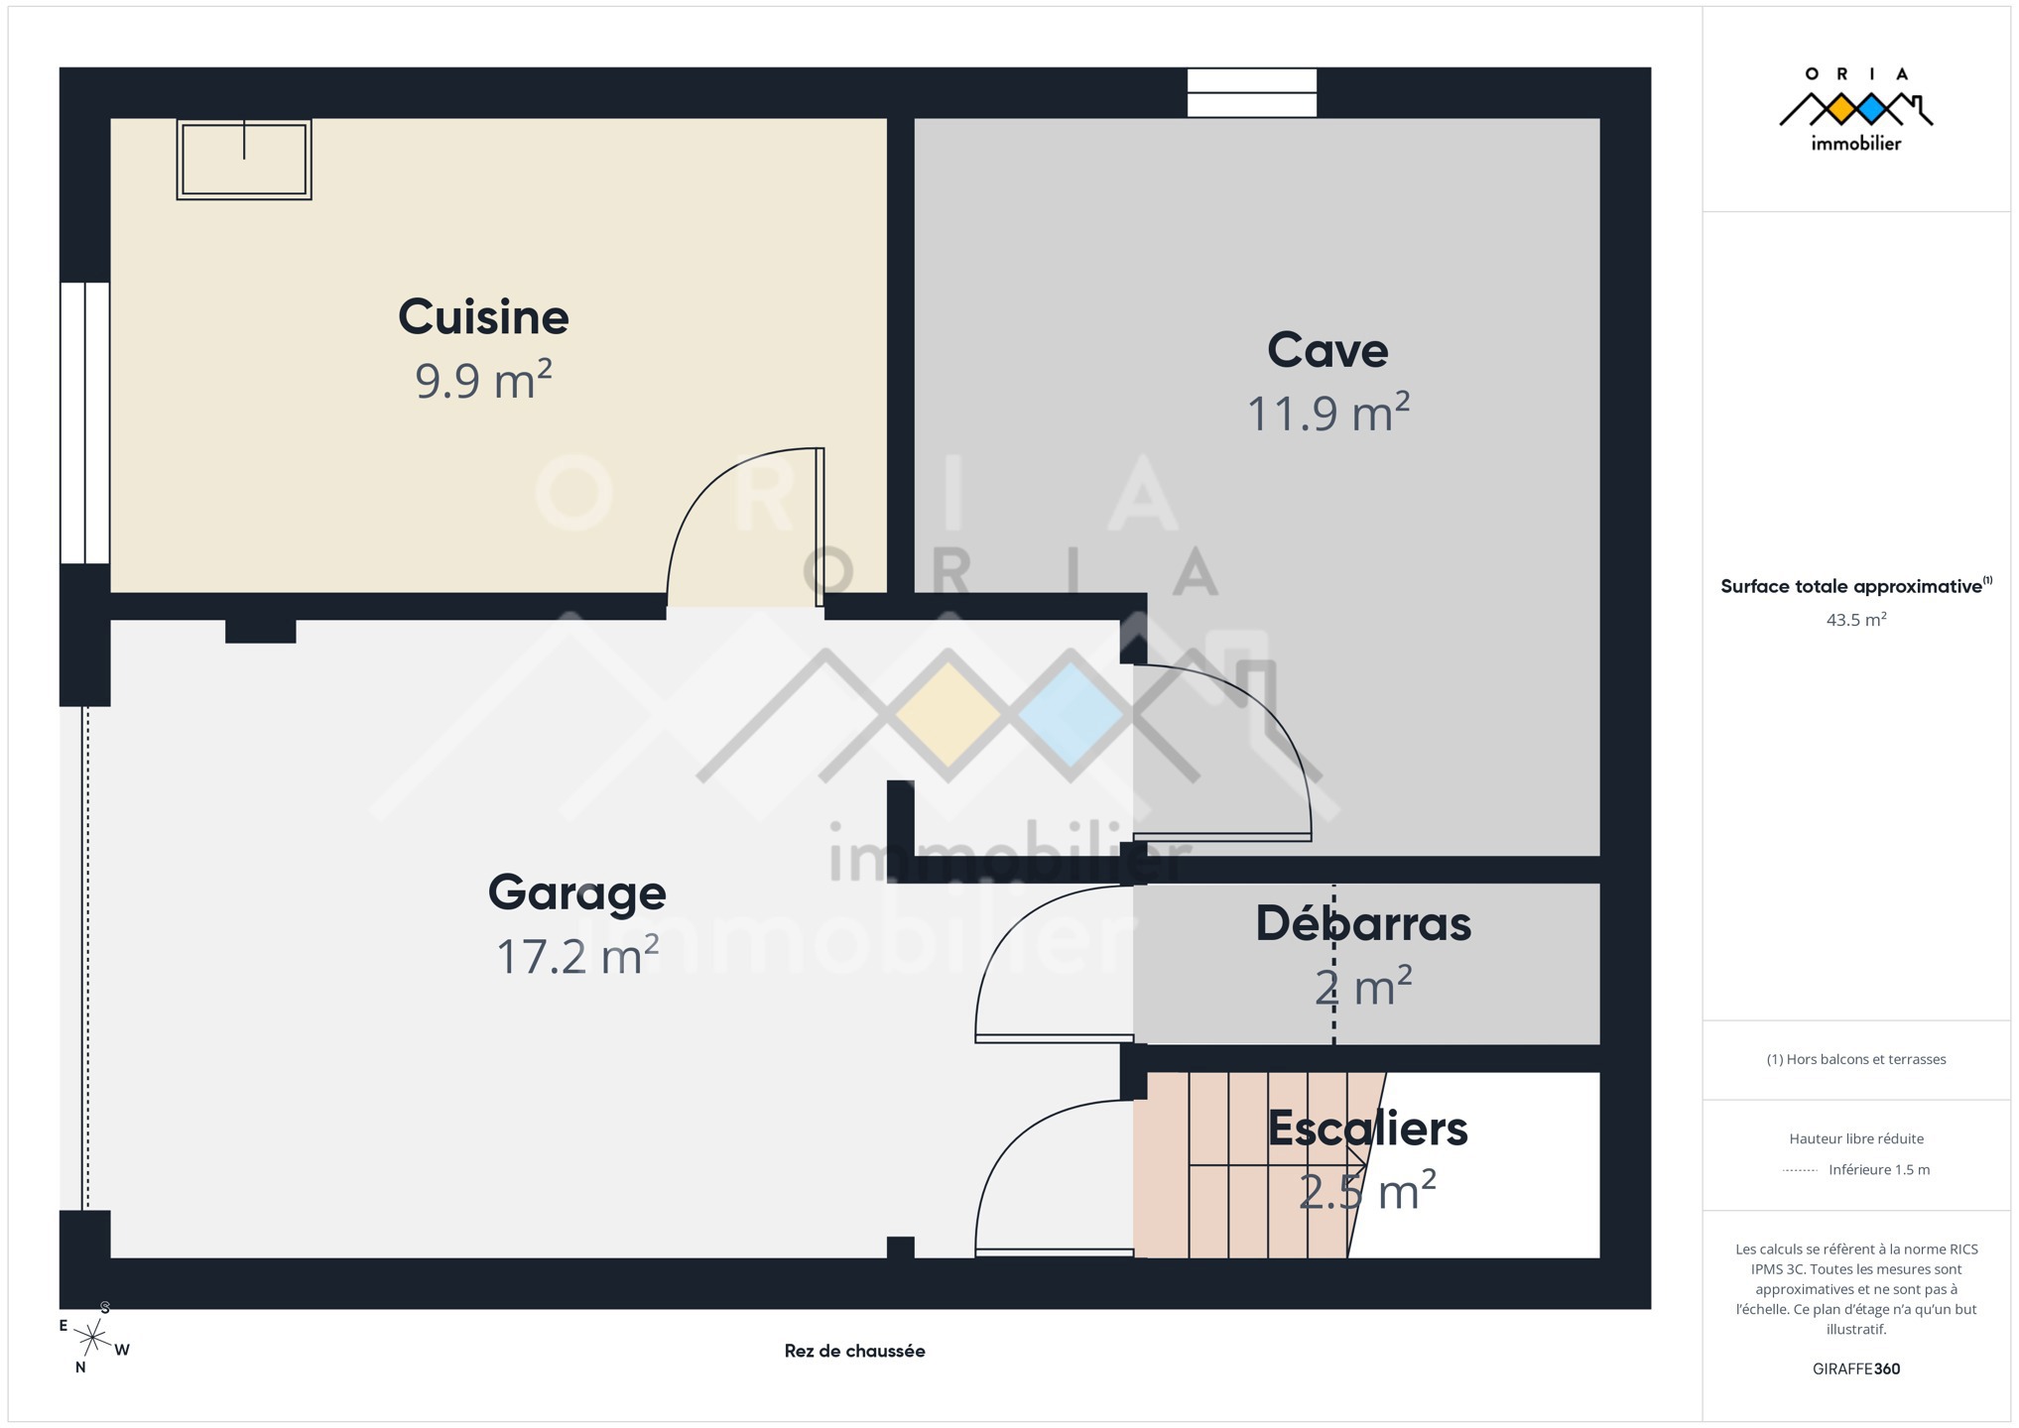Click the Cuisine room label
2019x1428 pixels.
click(483, 317)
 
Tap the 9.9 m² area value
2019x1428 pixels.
click(483, 380)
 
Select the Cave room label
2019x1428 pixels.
click(1327, 350)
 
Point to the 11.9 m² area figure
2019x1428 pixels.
click(1327, 413)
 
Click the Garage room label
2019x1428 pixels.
click(576, 893)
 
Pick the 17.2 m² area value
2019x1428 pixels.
click(576, 956)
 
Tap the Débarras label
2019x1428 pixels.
click(1363, 923)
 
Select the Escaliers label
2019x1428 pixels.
click(1367, 1129)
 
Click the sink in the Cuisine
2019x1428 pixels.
click(244, 160)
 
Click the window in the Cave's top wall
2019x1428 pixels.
click(1252, 93)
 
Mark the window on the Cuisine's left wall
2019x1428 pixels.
click(85, 423)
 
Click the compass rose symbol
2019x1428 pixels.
click(93, 1339)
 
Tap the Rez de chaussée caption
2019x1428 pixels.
click(854, 1351)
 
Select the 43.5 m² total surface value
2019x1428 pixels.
click(1856, 620)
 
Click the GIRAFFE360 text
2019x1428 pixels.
click(1856, 1368)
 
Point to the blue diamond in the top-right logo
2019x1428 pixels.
click(1871, 109)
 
